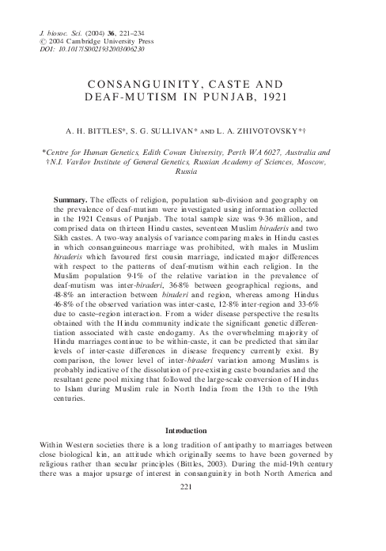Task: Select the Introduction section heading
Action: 194,431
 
